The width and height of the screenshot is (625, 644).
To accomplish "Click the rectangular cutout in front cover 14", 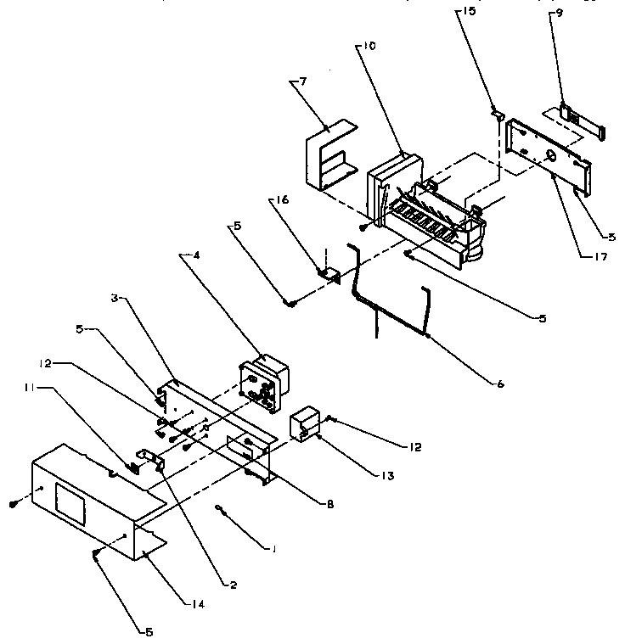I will click(x=71, y=494).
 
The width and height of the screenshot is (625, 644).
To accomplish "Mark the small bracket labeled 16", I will click(x=328, y=273).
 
